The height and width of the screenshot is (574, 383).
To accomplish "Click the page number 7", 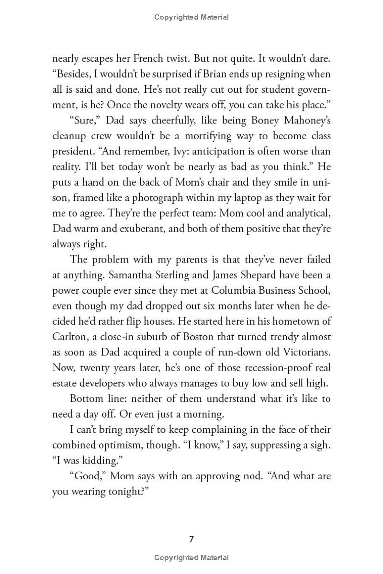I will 191,539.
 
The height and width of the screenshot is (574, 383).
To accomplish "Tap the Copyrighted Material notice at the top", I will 191,17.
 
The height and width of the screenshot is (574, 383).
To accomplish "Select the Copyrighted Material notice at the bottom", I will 191,558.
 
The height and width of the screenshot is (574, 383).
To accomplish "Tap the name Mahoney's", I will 301,121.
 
